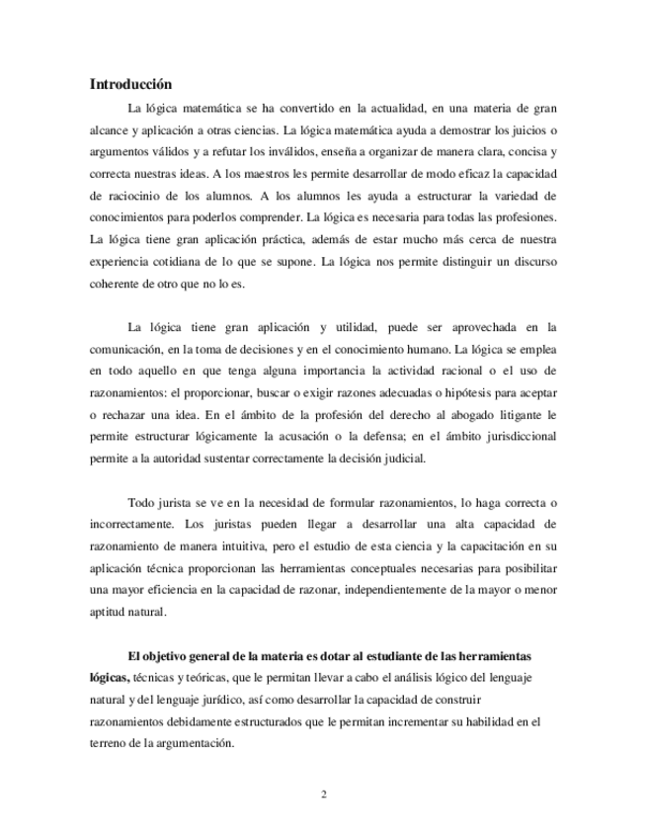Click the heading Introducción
(130, 84)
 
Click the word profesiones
(526, 217)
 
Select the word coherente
(119, 285)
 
